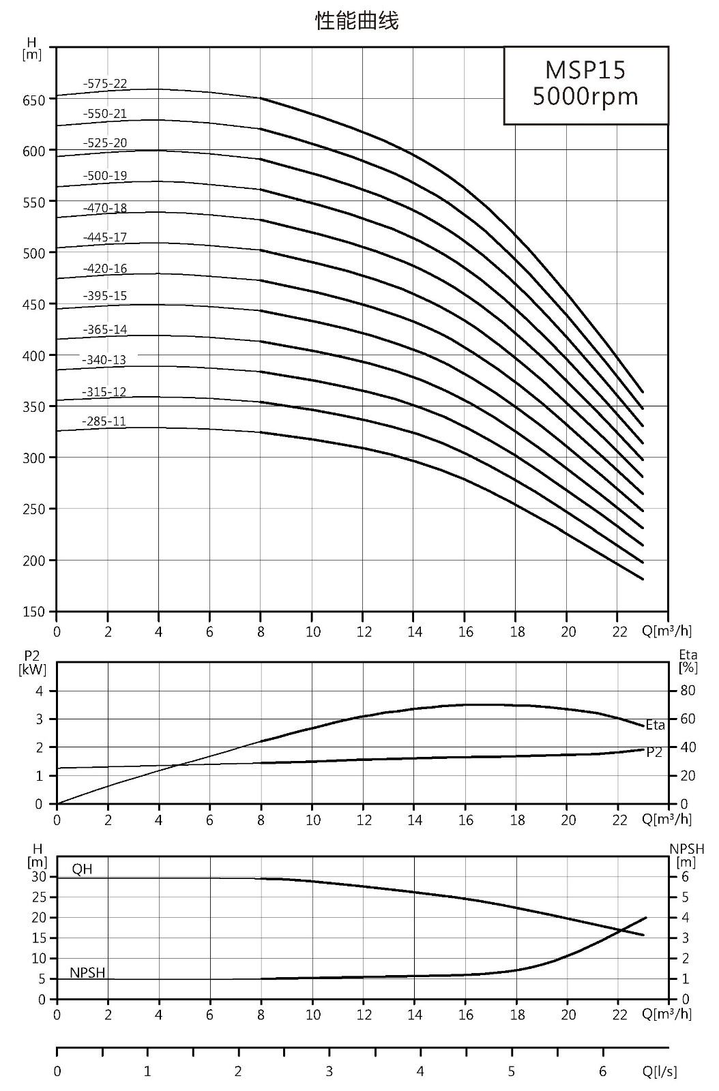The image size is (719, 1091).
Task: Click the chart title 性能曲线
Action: click(357, 21)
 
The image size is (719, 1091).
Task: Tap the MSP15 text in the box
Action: click(585, 70)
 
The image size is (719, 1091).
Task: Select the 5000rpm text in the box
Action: click(585, 96)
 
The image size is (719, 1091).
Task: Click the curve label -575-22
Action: click(105, 84)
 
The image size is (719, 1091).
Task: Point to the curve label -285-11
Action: click(104, 421)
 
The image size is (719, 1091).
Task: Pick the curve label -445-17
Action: click(105, 238)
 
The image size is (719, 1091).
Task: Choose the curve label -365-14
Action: click(105, 330)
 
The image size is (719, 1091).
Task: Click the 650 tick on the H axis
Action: click(33, 100)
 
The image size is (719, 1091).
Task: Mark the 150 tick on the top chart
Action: click(33, 612)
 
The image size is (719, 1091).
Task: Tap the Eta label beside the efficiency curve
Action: click(655, 726)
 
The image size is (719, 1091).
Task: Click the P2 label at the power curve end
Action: click(654, 753)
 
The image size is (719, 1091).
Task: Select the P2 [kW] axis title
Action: click(32, 663)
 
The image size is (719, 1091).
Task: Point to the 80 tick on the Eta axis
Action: click(688, 691)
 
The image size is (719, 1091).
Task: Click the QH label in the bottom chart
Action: click(82, 869)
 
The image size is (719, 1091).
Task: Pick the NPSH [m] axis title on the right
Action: click(687, 856)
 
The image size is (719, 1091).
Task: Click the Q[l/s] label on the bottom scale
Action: click(660, 1071)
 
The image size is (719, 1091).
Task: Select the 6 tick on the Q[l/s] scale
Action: click(603, 1071)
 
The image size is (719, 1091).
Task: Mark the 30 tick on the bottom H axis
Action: click(38, 877)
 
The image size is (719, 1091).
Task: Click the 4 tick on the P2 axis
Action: click(40, 691)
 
